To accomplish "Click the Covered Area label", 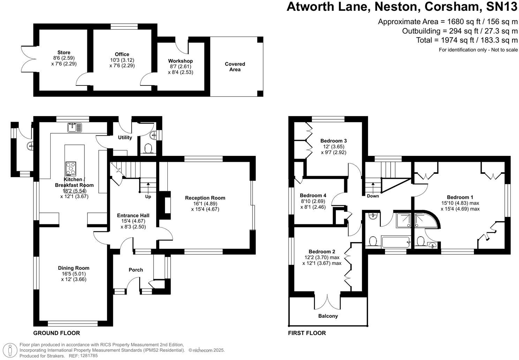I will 235,67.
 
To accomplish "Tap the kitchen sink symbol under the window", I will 74,127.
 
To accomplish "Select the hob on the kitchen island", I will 70,169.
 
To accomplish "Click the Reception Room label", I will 205,198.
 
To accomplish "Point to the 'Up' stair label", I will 148,197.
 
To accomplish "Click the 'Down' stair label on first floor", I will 373,196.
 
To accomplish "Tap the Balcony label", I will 328,316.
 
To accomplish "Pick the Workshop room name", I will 180,61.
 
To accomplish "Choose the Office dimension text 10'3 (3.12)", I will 122,60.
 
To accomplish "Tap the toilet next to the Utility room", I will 148,149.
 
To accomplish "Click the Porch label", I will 136,270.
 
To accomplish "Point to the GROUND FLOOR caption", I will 57,333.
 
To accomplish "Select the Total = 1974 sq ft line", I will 467,40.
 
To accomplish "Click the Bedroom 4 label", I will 313,195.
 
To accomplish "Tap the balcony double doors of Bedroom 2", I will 328,302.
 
